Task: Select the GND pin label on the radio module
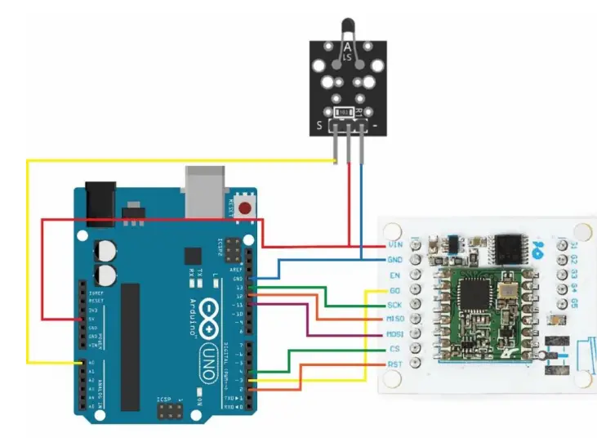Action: [x=394, y=260]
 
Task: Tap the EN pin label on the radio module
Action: [x=394, y=275]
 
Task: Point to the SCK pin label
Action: [x=394, y=305]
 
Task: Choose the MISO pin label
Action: [x=394, y=320]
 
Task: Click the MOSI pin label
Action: [x=394, y=334]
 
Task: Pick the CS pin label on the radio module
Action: [x=394, y=350]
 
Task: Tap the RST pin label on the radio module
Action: [x=394, y=364]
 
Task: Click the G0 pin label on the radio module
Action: [x=394, y=290]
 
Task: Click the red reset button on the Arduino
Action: [x=246, y=208]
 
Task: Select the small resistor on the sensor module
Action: [x=345, y=110]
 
